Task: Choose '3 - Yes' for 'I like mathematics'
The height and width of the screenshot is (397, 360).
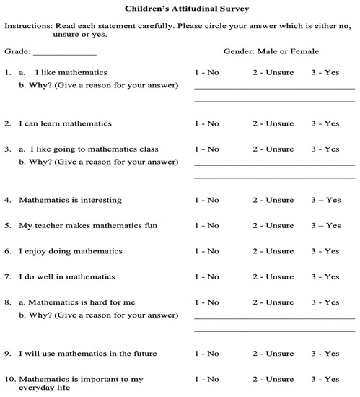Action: click(325, 72)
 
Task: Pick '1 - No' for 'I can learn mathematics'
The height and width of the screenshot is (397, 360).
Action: click(207, 123)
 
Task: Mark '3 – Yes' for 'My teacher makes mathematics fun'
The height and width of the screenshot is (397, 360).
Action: click(325, 226)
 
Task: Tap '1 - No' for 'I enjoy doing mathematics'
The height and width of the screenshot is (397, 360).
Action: click(207, 251)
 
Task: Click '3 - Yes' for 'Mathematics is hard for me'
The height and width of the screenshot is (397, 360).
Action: click(325, 302)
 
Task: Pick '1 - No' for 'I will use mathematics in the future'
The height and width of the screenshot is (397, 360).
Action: click(207, 354)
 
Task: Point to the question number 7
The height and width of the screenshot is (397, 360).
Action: click(7, 276)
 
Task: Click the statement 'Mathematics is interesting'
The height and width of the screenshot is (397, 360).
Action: click(70, 200)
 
